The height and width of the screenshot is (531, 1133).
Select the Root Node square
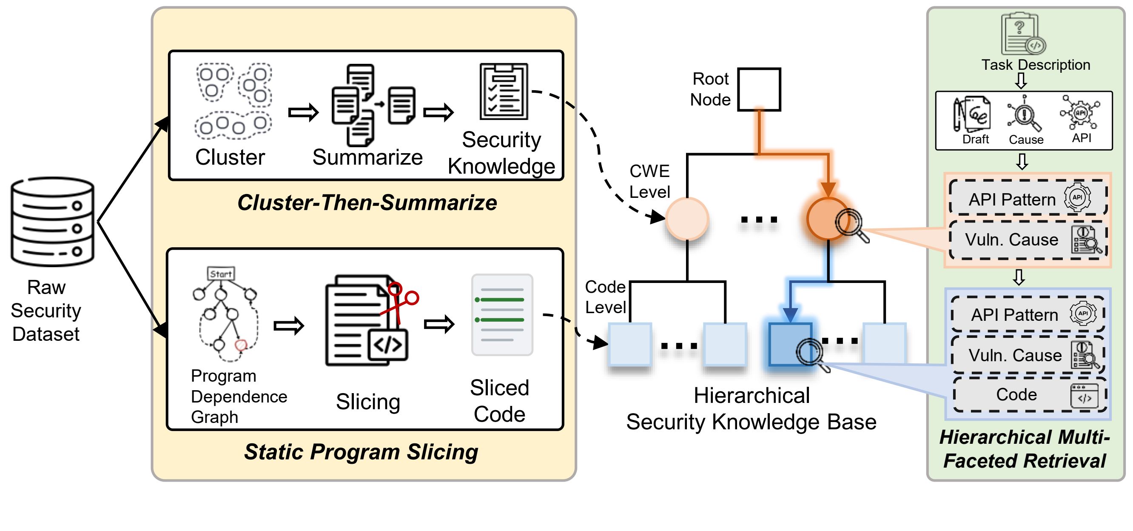pyautogui.click(x=759, y=89)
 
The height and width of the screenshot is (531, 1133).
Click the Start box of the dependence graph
pyautogui.click(x=221, y=274)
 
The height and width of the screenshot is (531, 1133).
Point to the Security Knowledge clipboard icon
pyautogui.click(x=504, y=91)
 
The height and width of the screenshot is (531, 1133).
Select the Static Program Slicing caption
pyautogui.click(x=361, y=452)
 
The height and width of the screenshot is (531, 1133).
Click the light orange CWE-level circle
pyautogui.click(x=686, y=219)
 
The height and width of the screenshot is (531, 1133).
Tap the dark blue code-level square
pyautogui.click(x=790, y=345)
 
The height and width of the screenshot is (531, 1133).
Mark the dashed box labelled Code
pyautogui.click(x=1029, y=394)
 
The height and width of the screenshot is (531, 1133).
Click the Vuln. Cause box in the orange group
pyautogui.click(x=1028, y=240)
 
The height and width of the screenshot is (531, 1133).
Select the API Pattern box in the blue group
pyautogui.click(x=1028, y=314)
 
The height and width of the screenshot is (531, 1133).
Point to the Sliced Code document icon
pyautogui.click(x=502, y=314)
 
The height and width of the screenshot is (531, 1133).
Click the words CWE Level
pyautogui.click(x=649, y=181)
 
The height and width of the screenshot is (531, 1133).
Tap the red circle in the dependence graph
pyautogui.click(x=241, y=345)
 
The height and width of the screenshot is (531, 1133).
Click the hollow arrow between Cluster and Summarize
pyautogui.click(x=303, y=112)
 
